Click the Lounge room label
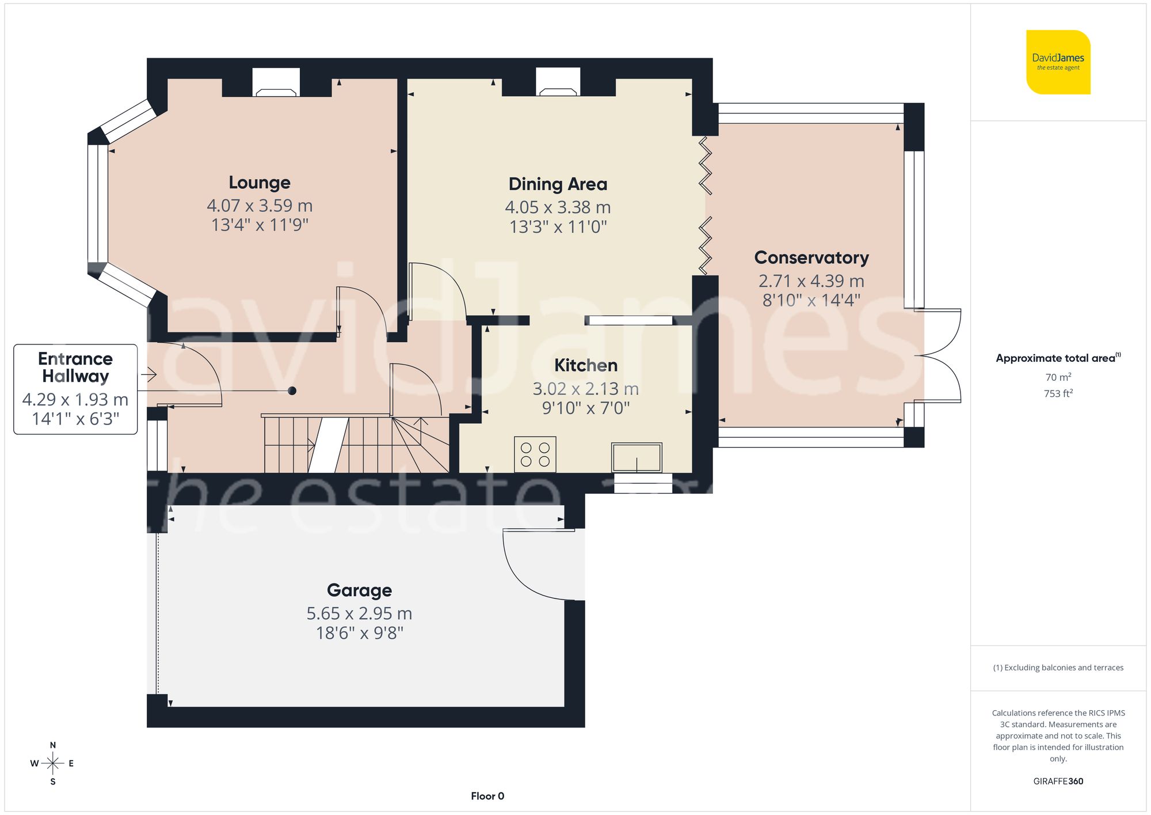pyautogui.click(x=260, y=183)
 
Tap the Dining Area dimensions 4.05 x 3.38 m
pyautogui.click(x=558, y=207)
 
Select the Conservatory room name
pyautogui.click(x=811, y=257)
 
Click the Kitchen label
pyautogui.click(x=585, y=365)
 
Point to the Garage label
pyautogui.click(x=359, y=590)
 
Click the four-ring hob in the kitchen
pyautogui.click(x=535, y=454)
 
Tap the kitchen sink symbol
pyautogui.click(x=637, y=457)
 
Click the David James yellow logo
pyautogui.click(x=1058, y=62)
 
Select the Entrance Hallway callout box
pyautogui.click(x=75, y=389)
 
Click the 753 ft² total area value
pyautogui.click(x=1058, y=394)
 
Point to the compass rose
pyautogui.click(x=52, y=764)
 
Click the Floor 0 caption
pyautogui.click(x=487, y=796)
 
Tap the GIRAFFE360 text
pyautogui.click(x=1058, y=782)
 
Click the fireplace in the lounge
pyautogui.click(x=276, y=84)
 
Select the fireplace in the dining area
pyautogui.click(x=558, y=84)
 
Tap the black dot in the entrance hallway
pyautogui.click(x=292, y=391)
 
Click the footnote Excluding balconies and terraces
pyautogui.click(x=1058, y=668)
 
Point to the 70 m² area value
pyautogui.click(x=1058, y=377)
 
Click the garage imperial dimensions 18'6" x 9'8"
pyautogui.click(x=359, y=634)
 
